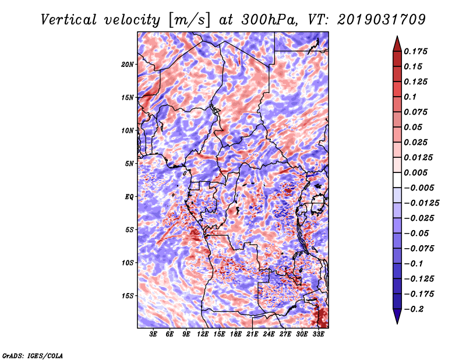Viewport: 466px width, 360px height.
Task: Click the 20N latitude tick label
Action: (x=128, y=65)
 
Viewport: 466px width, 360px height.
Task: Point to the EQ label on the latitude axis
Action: (x=129, y=197)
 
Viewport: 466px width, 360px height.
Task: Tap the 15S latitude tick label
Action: (x=128, y=296)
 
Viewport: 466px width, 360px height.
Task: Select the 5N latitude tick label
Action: (x=129, y=164)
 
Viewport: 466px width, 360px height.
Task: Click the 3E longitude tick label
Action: (x=153, y=334)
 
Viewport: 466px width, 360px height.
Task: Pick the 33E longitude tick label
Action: (x=318, y=334)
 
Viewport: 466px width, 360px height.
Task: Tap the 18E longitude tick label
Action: (x=236, y=334)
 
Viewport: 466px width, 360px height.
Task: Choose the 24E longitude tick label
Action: (x=269, y=334)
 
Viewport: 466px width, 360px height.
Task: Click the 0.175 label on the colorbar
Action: (x=416, y=51)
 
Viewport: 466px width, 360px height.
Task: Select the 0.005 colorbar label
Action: (x=416, y=172)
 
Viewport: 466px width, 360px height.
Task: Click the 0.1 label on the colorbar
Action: (x=411, y=97)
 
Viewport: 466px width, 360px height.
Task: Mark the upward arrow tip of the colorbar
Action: (x=397, y=36)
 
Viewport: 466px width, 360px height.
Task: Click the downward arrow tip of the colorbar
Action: (x=397, y=323)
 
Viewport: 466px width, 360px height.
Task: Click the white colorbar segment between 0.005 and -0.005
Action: (x=397, y=180)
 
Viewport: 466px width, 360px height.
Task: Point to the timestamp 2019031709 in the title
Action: (x=382, y=20)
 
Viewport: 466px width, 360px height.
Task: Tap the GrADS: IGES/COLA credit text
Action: (x=33, y=355)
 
